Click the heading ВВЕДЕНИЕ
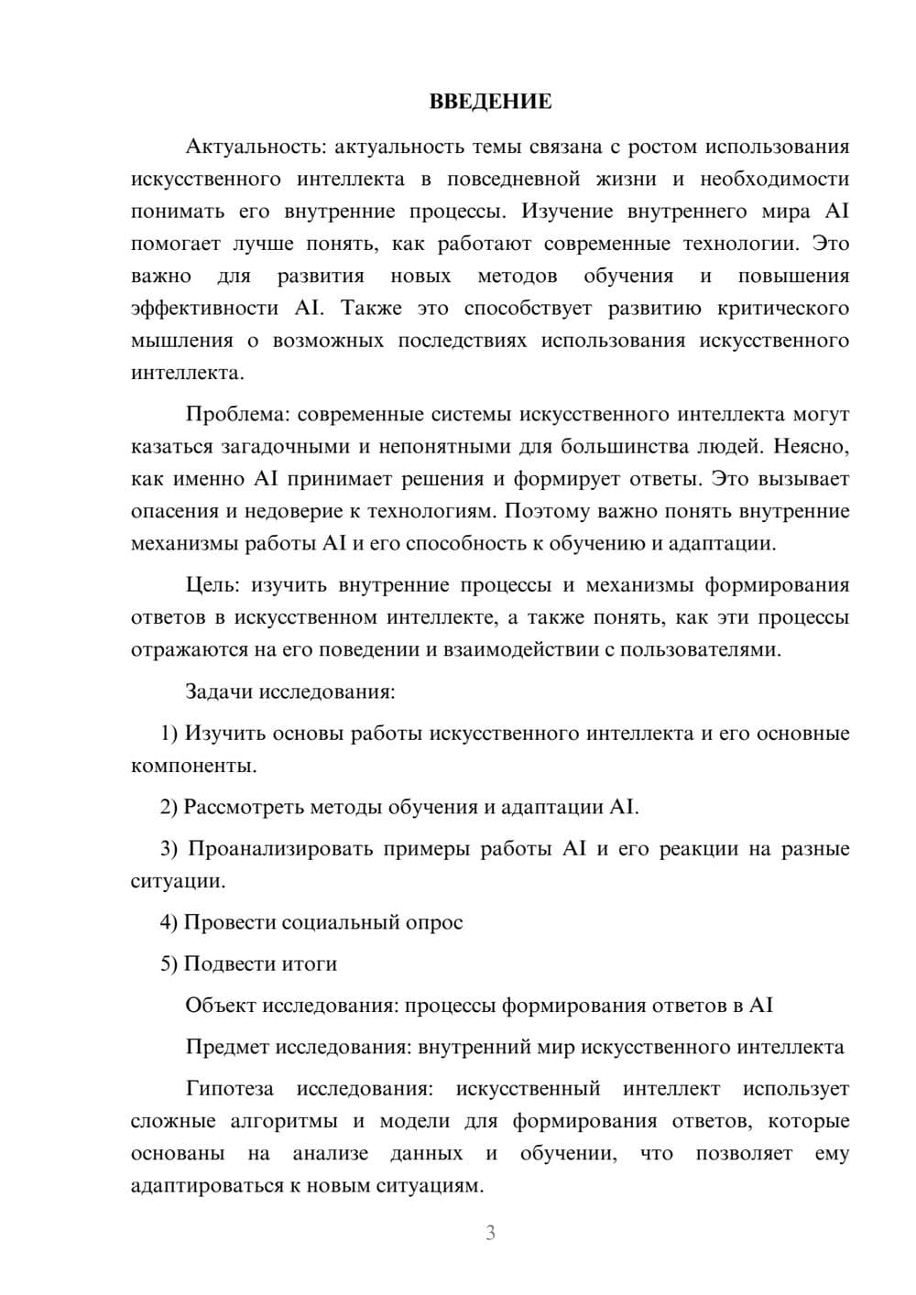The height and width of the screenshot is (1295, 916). (490, 102)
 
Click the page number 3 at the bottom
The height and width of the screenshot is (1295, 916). (490, 1233)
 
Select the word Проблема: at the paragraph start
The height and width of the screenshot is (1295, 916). (238, 415)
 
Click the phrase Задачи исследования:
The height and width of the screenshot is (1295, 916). (290, 691)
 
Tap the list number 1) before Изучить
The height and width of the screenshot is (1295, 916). (169, 734)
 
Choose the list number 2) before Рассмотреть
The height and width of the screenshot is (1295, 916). (169, 808)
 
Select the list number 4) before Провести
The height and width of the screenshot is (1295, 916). (169, 923)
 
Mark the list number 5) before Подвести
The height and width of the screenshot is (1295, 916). (169, 964)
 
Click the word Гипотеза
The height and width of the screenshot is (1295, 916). (229, 1090)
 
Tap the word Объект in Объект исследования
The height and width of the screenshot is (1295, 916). (220, 1006)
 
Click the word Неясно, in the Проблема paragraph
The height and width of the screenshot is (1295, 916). (812, 447)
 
